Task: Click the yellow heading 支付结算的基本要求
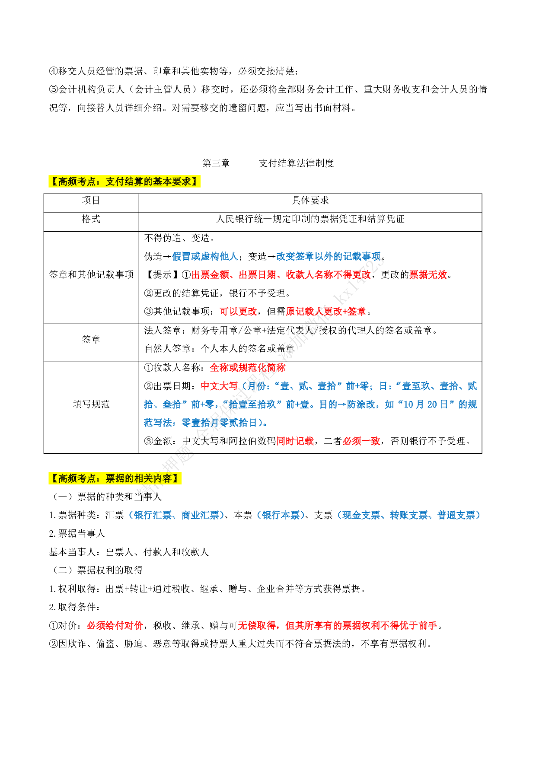click(124, 182)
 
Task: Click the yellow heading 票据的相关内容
click(115, 478)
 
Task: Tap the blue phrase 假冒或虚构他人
click(205, 257)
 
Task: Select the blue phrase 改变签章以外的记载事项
click(328, 257)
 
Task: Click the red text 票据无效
click(428, 275)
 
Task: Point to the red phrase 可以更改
click(238, 312)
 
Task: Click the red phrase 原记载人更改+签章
click(325, 312)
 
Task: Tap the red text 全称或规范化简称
click(247, 368)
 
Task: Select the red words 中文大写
click(219, 386)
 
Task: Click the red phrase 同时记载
click(295, 441)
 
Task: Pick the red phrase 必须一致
click(361, 441)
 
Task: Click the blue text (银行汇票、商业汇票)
click(176, 515)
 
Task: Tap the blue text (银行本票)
click(281, 515)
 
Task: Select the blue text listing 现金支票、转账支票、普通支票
click(408, 515)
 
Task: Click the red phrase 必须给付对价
click(115, 626)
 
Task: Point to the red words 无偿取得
click(257, 626)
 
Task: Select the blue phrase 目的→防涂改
click(347, 404)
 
